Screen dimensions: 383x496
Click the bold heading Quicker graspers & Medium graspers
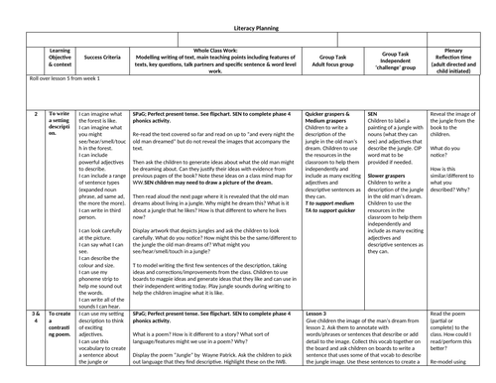coord(329,92)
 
